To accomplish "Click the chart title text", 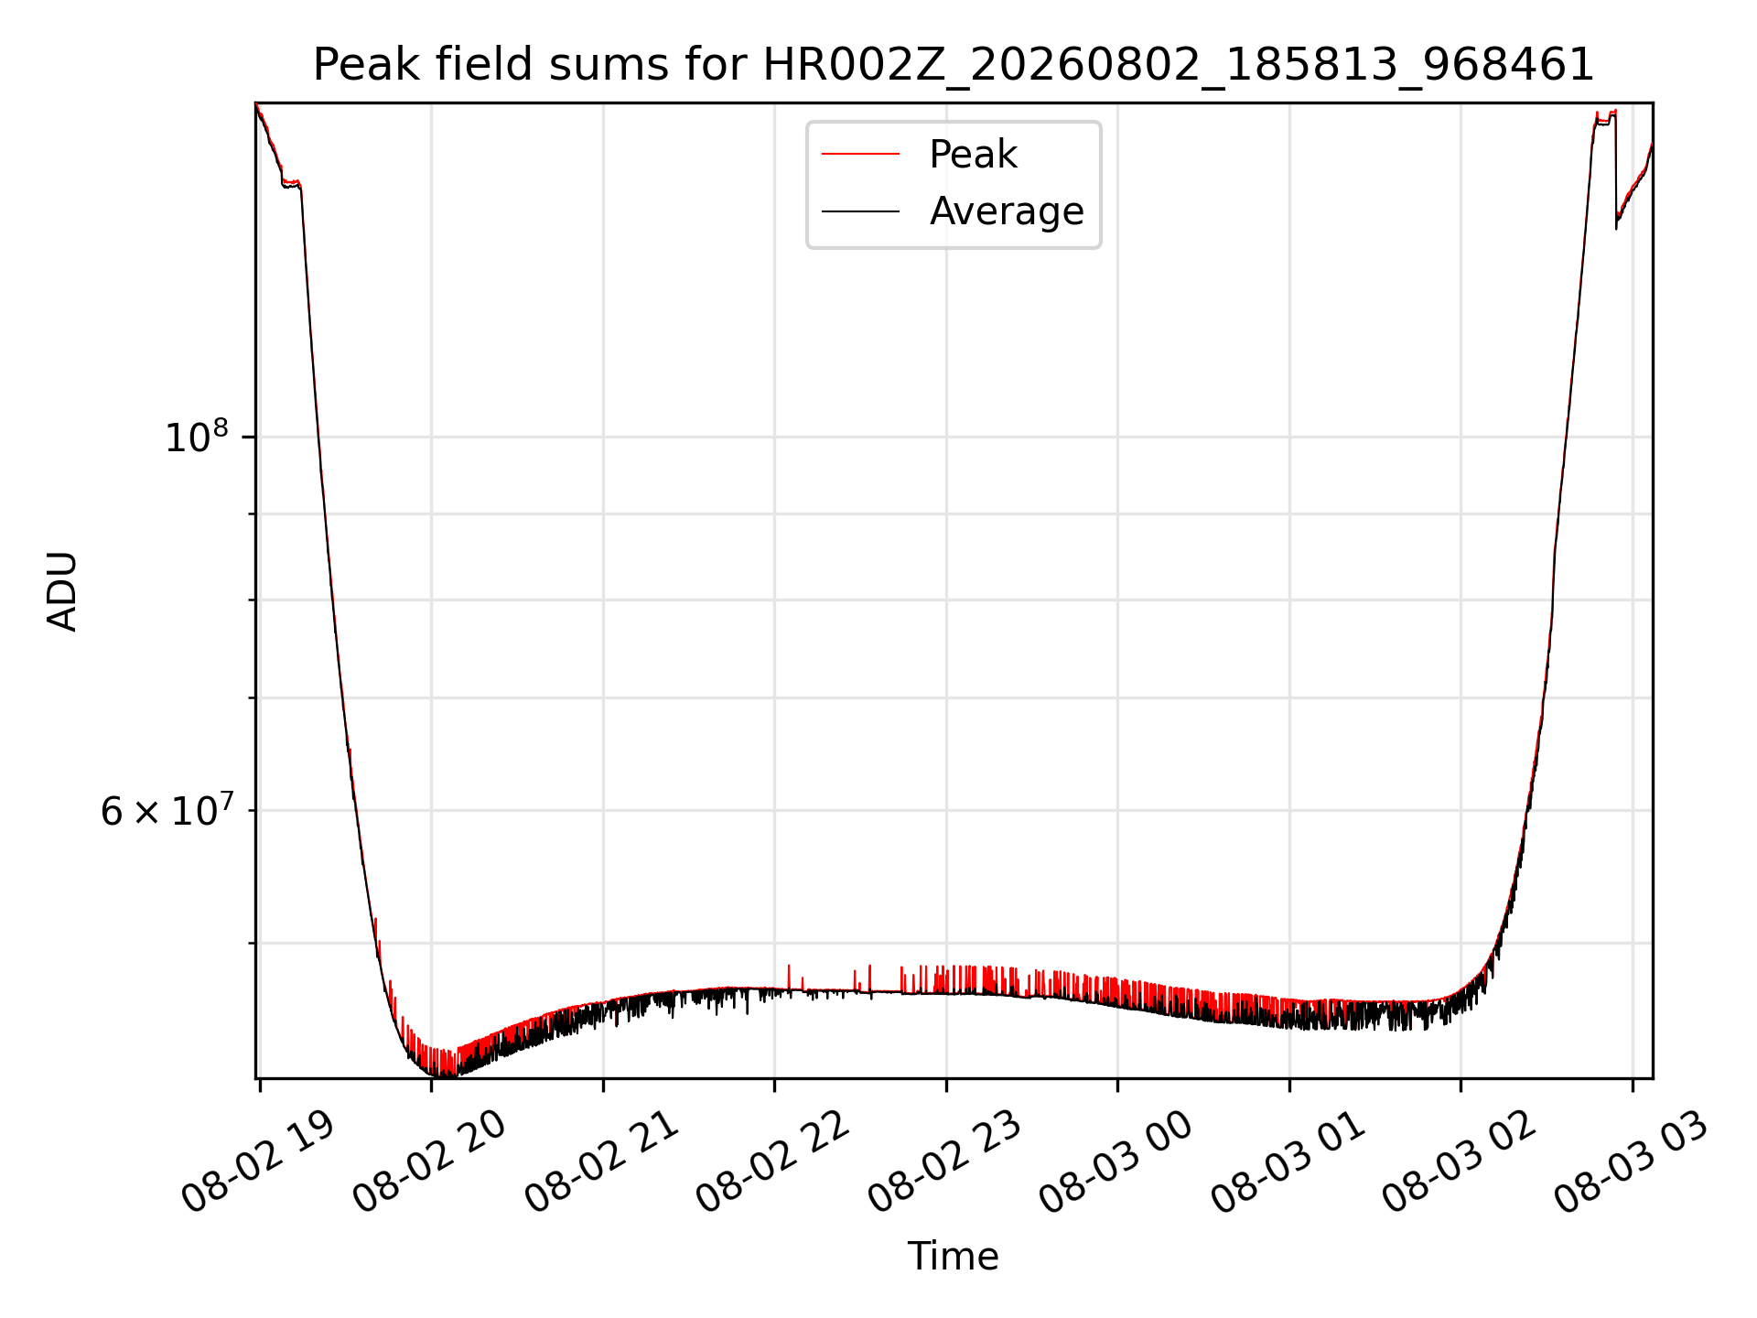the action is (954, 65).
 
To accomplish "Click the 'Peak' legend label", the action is (973, 155).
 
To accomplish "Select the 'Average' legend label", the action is (1007, 211).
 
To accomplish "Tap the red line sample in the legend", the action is (860, 155).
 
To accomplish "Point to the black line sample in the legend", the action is (860, 211).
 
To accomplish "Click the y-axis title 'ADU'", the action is (62, 591).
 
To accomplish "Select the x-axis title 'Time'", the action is (953, 1257).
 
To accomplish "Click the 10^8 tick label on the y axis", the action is (196, 437).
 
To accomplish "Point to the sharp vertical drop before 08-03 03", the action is (1616, 169).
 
